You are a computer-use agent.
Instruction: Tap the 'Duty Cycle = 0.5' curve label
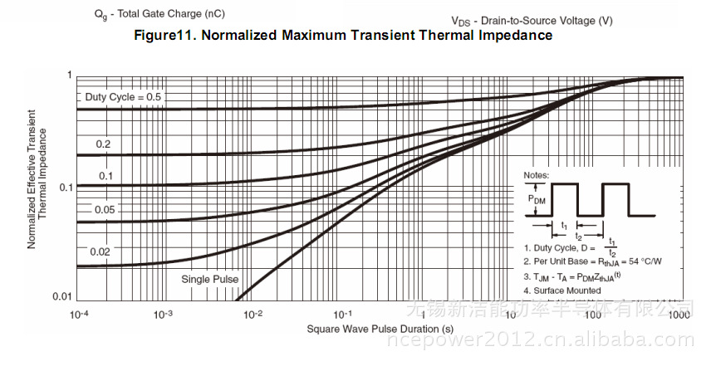124,97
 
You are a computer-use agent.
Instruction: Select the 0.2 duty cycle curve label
103,144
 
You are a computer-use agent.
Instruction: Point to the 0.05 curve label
104,210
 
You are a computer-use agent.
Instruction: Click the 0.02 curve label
101,251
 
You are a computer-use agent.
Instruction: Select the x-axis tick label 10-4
79,315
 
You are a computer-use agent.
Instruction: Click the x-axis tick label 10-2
251,315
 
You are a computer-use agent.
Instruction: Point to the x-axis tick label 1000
679,315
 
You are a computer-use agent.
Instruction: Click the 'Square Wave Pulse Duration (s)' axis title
380,329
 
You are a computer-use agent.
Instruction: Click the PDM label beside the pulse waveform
537,199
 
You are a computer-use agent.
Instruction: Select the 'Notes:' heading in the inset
536,175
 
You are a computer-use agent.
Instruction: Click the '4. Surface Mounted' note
562,290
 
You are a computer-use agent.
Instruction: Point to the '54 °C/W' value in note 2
645,262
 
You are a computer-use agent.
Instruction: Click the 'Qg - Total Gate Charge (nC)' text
158,14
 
